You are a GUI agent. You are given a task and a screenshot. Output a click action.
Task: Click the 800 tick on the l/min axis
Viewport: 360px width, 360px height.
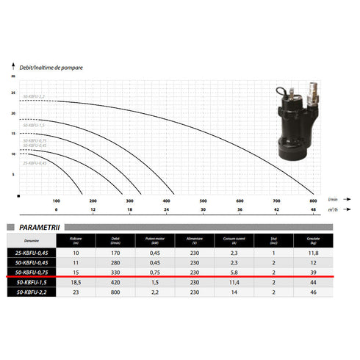[x=313, y=201]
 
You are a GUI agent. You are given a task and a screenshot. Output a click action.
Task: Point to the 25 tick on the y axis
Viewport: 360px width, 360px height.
[x=12, y=93]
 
